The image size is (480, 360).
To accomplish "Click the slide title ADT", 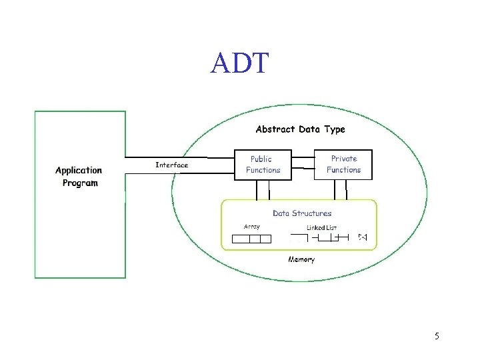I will coord(239,63).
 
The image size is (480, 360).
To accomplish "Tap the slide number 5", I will coord(437,336).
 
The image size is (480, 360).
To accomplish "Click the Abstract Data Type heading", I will coord(300,129).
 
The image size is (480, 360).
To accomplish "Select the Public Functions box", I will coord(263,165).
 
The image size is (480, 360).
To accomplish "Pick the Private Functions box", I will coord(343,165).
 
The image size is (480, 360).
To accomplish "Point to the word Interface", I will coord(171,165).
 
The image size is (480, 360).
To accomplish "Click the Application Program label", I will coord(79,177).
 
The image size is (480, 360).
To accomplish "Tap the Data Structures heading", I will coord(302,213).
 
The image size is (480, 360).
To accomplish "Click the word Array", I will coord(252,227).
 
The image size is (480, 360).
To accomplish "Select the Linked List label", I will coord(321,228).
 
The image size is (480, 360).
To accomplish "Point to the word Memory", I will coord(301,259).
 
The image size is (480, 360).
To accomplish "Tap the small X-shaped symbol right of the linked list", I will coord(363,237).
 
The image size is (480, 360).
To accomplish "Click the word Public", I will coord(261,159).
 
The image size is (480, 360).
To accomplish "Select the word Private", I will coord(344,159).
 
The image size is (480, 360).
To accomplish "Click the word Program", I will coord(80,183).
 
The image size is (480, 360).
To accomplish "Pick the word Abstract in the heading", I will coord(277,129).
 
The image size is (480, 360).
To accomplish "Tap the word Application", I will coord(79,171).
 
